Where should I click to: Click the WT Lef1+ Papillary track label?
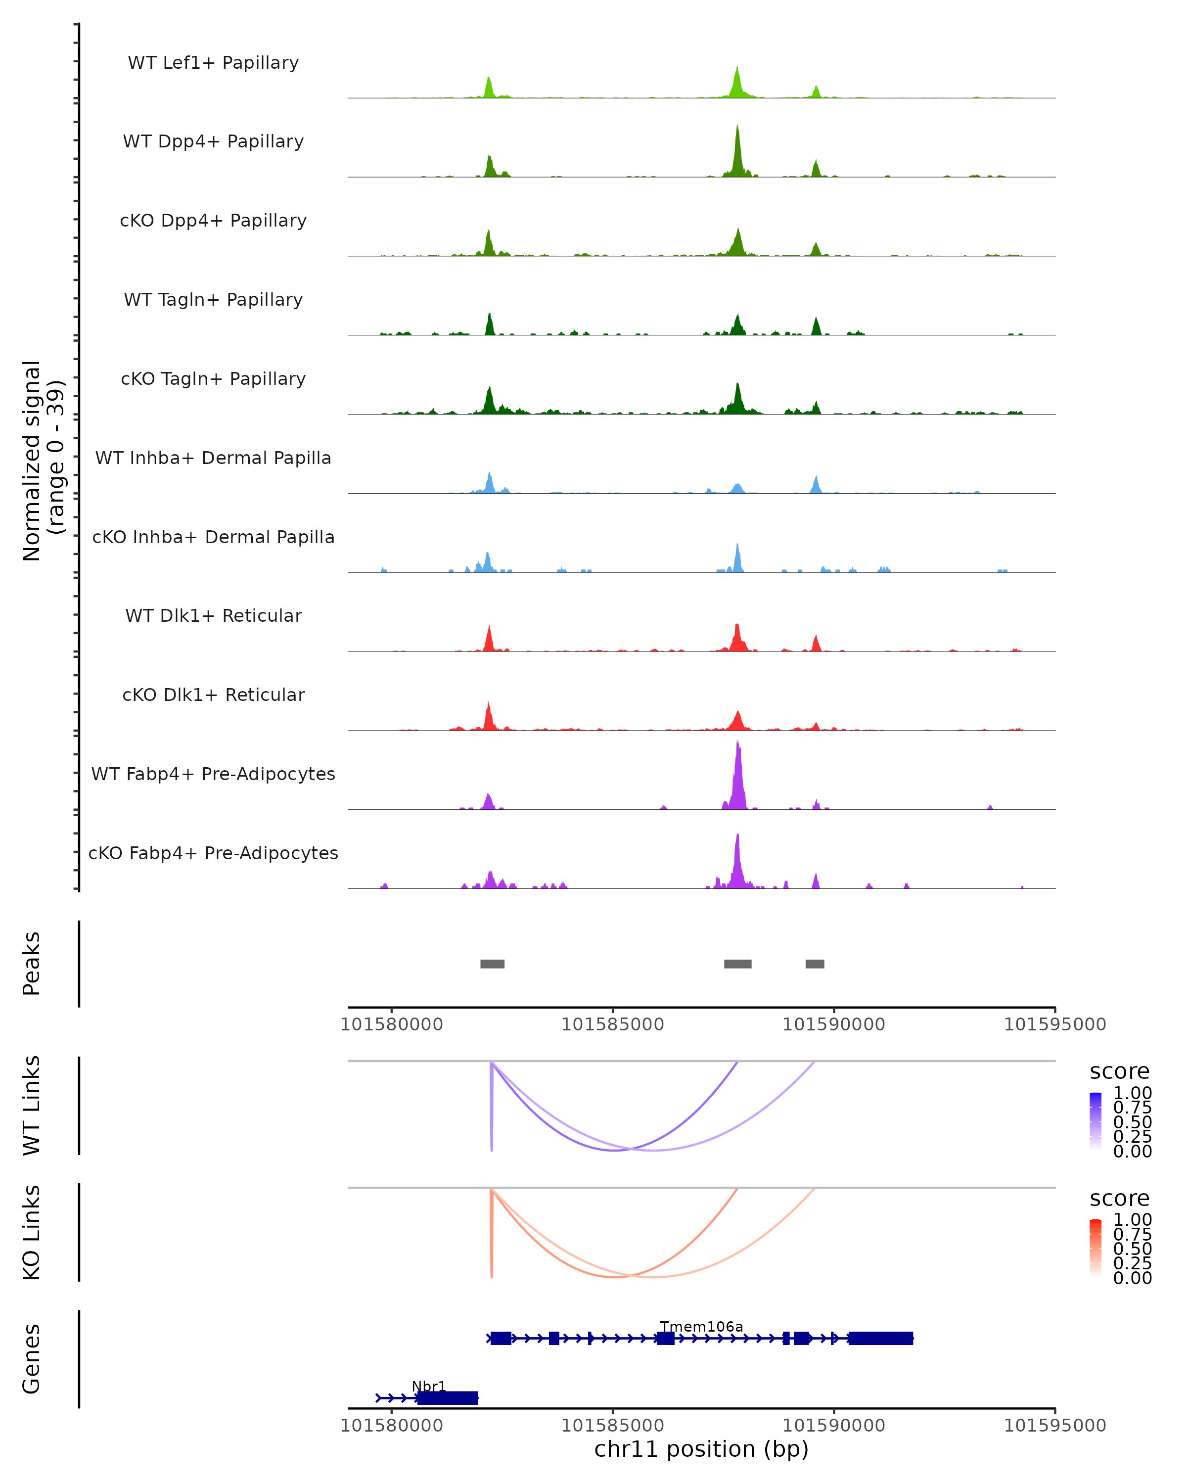click(x=213, y=63)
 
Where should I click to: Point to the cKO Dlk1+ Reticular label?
click(x=213, y=695)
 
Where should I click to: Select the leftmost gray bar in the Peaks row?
click(x=492, y=964)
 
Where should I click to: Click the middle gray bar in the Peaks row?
click(x=737, y=964)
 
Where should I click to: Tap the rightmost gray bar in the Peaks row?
click(x=815, y=964)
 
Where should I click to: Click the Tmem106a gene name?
click(x=701, y=1326)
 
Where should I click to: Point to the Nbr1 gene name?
click(x=429, y=1386)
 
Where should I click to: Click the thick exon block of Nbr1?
click(x=447, y=1398)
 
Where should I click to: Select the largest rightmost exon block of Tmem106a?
click(x=880, y=1338)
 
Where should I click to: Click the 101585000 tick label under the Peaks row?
click(x=612, y=1024)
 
